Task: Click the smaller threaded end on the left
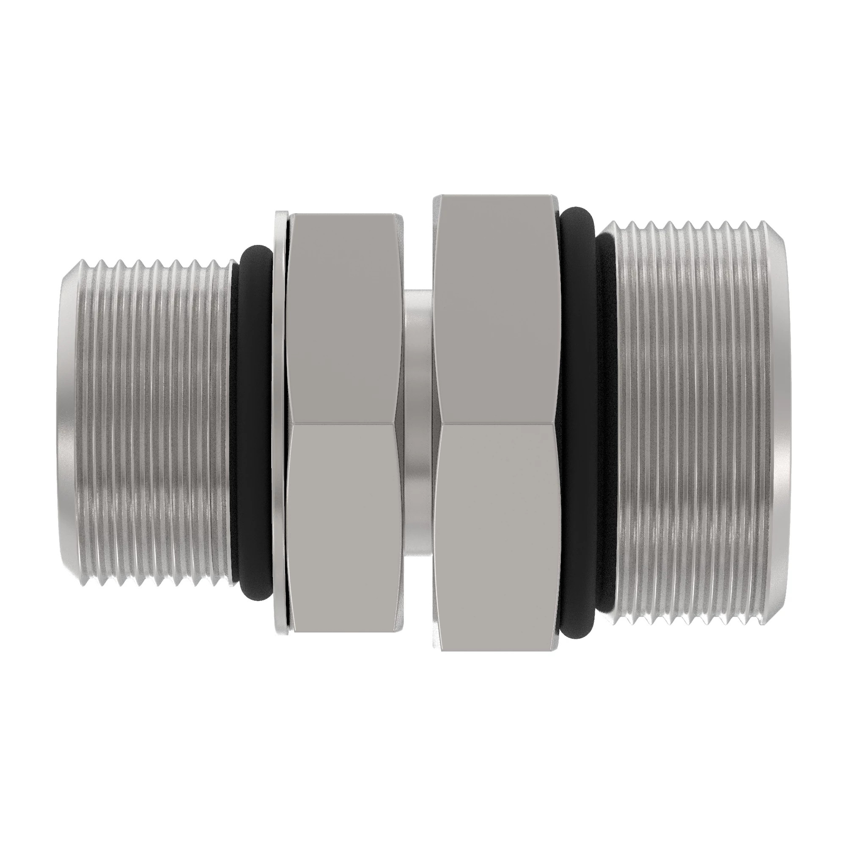click(x=149, y=423)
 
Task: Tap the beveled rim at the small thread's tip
click(x=66, y=423)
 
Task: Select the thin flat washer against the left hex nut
click(x=278, y=423)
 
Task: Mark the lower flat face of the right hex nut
click(x=497, y=538)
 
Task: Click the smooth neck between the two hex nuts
click(x=418, y=423)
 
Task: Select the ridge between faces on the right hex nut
click(x=497, y=423)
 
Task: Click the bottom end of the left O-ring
click(x=258, y=597)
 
